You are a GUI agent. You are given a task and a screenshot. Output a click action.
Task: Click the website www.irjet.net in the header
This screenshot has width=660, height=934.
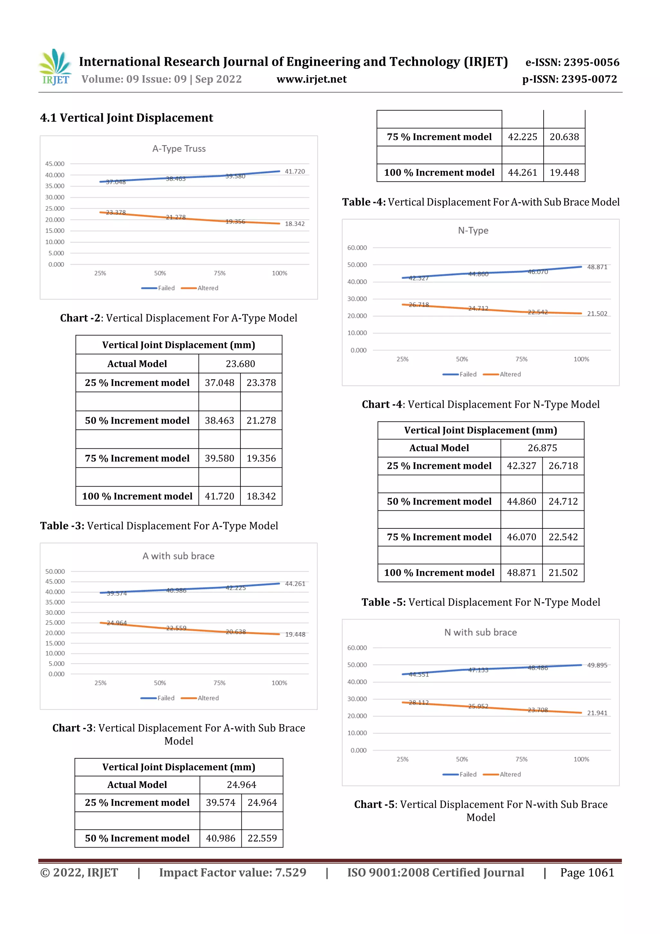[x=312, y=79]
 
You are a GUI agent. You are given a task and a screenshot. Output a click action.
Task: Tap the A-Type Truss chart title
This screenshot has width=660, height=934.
[x=179, y=149]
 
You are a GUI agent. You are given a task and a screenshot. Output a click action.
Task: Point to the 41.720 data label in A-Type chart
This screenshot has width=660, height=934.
[x=295, y=172]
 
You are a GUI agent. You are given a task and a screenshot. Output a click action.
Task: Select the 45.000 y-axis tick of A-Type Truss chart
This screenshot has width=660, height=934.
[x=54, y=164]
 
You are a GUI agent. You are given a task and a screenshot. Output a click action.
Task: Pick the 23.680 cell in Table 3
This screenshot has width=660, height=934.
[x=240, y=364]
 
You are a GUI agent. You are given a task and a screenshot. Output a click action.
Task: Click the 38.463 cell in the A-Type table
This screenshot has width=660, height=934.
[x=219, y=421]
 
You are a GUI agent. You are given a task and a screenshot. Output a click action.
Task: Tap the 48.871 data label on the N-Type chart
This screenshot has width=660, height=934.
[x=597, y=267]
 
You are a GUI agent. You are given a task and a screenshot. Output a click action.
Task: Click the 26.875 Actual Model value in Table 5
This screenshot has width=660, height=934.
[x=542, y=448]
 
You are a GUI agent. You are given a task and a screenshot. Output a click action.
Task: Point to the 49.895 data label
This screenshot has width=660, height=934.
[x=597, y=665]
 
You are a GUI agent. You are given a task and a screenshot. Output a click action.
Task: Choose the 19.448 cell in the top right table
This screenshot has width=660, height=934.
[x=564, y=172]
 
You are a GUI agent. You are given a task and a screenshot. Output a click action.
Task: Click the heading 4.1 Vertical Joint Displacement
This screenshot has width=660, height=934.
[x=126, y=118]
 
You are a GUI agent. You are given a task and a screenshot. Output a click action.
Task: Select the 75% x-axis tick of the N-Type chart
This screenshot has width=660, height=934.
[x=521, y=359]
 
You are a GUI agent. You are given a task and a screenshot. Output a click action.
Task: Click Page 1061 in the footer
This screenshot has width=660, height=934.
[x=587, y=872]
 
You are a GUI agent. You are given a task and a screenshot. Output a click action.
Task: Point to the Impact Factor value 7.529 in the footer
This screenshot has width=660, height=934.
[x=233, y=872]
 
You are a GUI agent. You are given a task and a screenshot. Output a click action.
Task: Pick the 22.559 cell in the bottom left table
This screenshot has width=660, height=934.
[x=262, y=838]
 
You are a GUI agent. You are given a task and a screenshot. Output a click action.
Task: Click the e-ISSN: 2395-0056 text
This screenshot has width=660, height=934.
[x=572, y=62]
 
